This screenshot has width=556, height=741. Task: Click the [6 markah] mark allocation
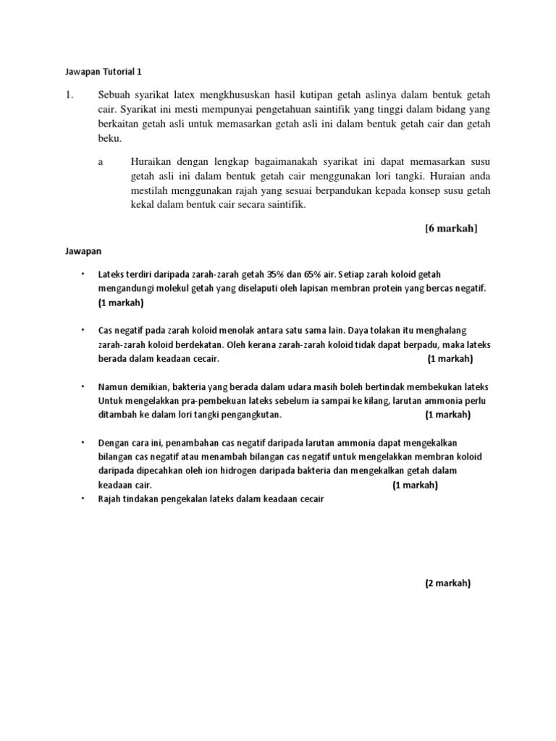451,229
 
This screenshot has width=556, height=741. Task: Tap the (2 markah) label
447,583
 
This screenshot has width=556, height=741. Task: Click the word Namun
113,387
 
